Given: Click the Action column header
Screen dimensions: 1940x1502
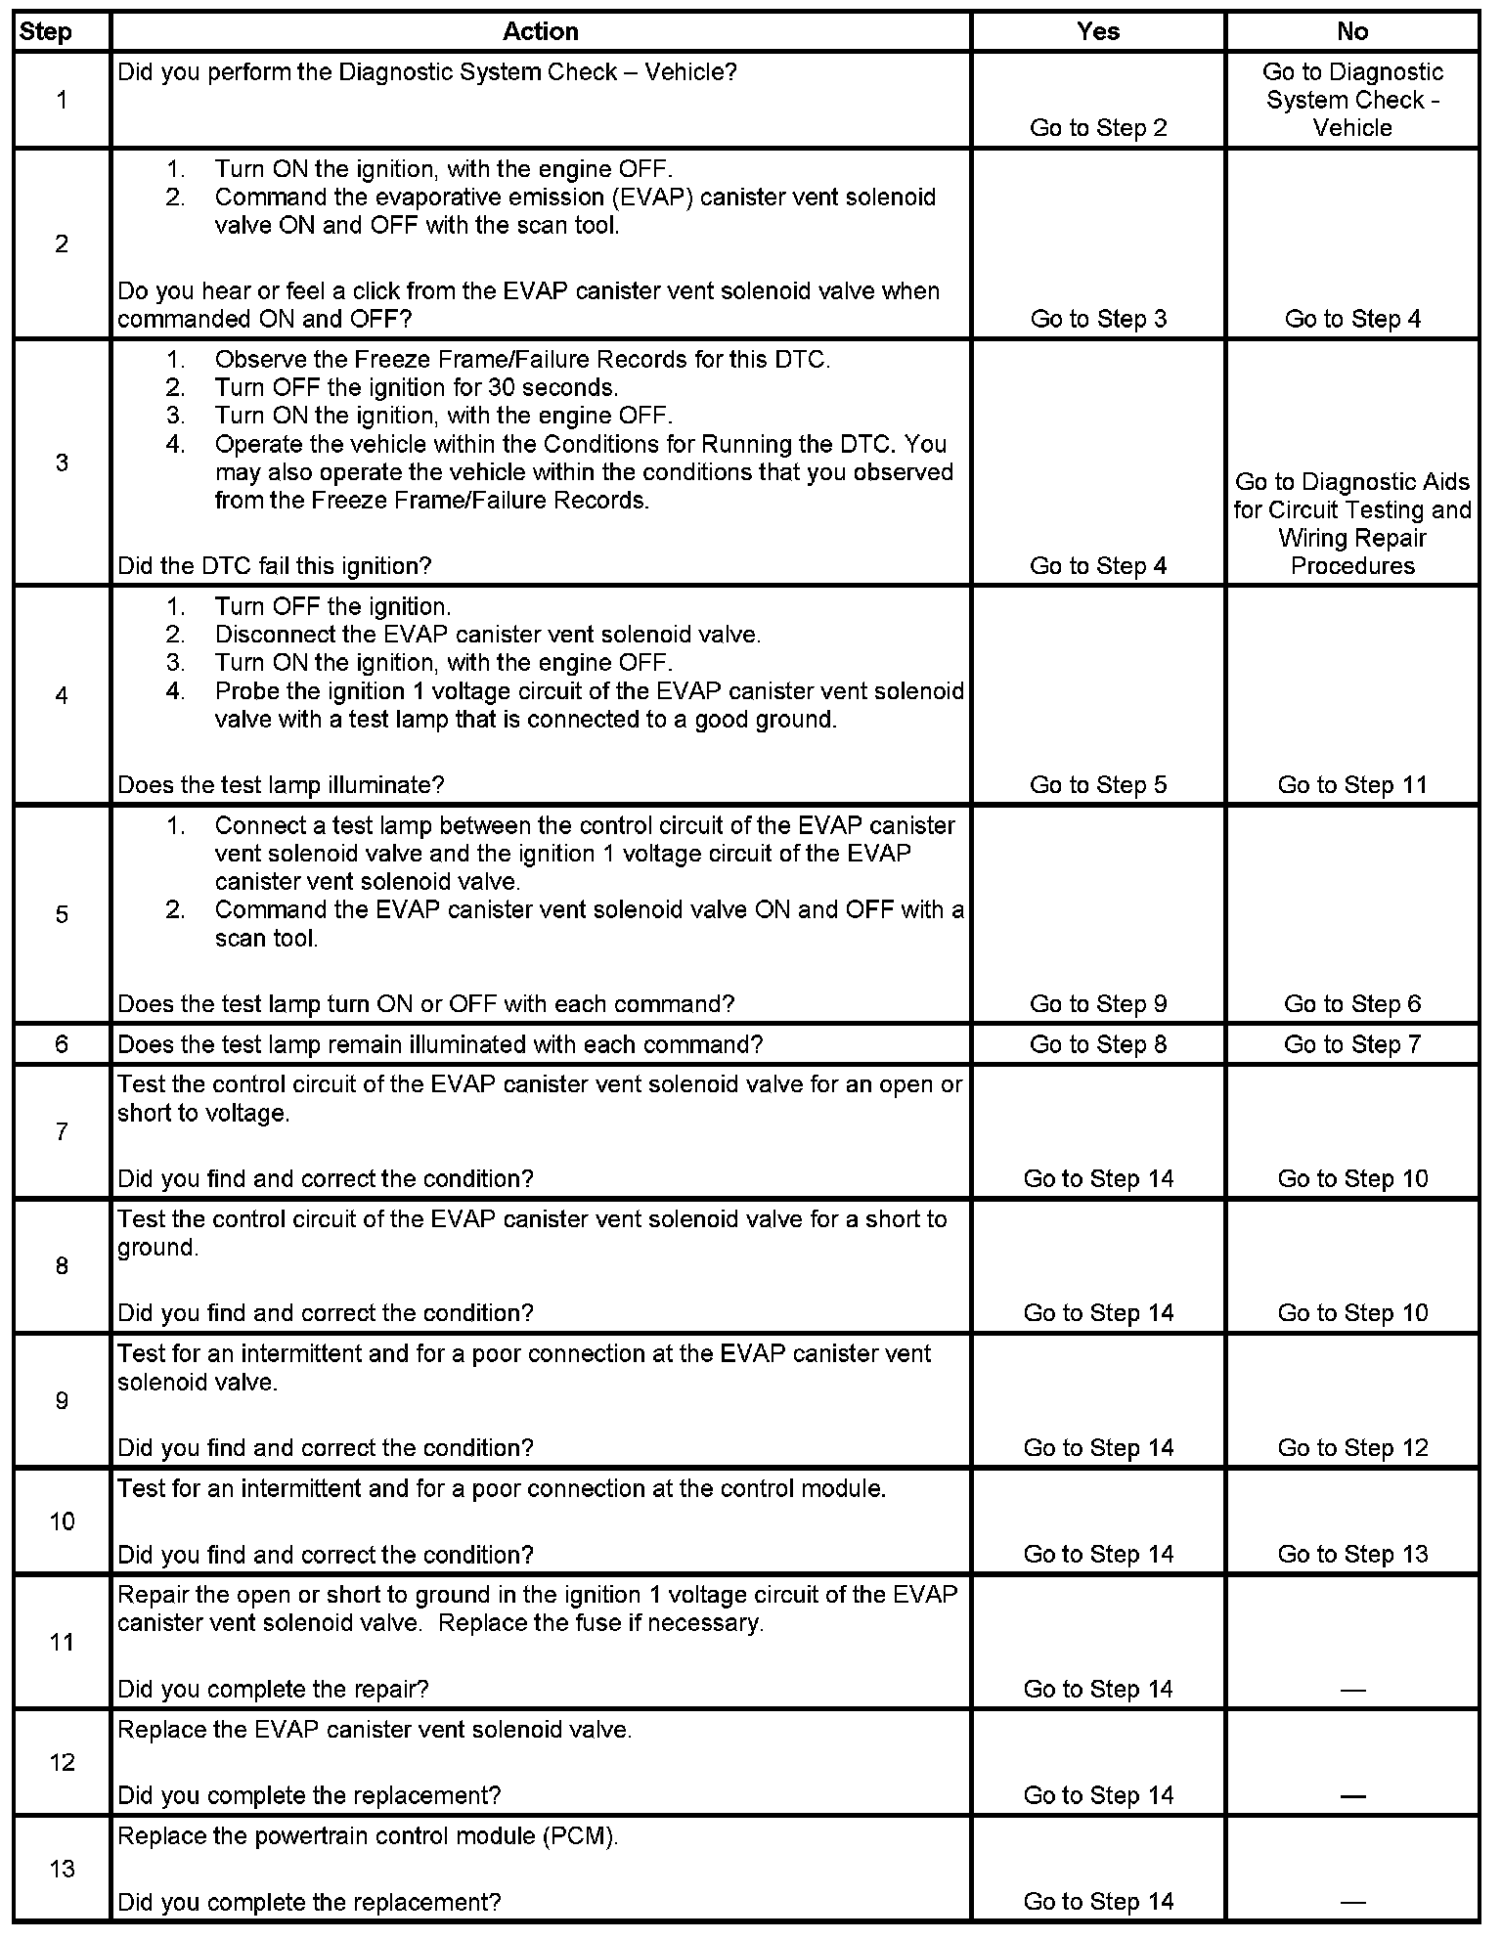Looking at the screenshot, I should click(x=540, y=31).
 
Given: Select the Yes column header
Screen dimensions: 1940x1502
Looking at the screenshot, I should click(x=1098, y=31).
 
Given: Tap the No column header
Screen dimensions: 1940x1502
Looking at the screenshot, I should click(x=1352, y=31).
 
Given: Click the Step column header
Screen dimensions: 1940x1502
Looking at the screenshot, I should click(x=46, y=31).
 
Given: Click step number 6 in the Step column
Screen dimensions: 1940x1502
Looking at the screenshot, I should click(x=62, y=1044).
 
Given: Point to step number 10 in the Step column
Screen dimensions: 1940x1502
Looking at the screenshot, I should click(x=62, y=1521).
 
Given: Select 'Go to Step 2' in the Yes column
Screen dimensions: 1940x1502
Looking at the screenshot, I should click(x=1098, y=128).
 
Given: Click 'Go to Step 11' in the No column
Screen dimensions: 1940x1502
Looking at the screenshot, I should click(x=1352, y=785).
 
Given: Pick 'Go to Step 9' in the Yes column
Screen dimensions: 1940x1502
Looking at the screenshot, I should click(x=1098, y=1004).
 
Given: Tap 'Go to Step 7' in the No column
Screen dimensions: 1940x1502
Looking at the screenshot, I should click(x=1352, y=1044).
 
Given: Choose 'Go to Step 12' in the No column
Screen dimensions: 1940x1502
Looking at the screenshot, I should click(x=1352, y=1447).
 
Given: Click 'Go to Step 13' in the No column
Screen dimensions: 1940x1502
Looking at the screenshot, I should click(x=1352, y=1554).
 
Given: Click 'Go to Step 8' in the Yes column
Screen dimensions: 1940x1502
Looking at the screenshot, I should click(x=1098, y=1044).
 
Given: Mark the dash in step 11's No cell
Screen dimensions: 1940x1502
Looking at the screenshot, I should click(x=1352, y=1690).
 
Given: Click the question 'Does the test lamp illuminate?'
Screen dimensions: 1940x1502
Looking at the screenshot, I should click(x=281, y=785).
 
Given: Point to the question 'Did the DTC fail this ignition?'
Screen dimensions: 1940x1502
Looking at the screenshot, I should click(x=275, y=566).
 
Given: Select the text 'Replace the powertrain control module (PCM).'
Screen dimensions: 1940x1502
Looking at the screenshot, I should click(x=369, y=1836).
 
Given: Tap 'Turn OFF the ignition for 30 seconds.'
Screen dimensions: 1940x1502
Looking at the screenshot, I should click(x=417, y=387).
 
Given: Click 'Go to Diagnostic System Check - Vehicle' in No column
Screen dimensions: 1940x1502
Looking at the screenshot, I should click(x=1352, y=100).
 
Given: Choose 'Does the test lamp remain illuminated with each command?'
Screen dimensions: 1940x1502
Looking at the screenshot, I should click(x=440, y=1044).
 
